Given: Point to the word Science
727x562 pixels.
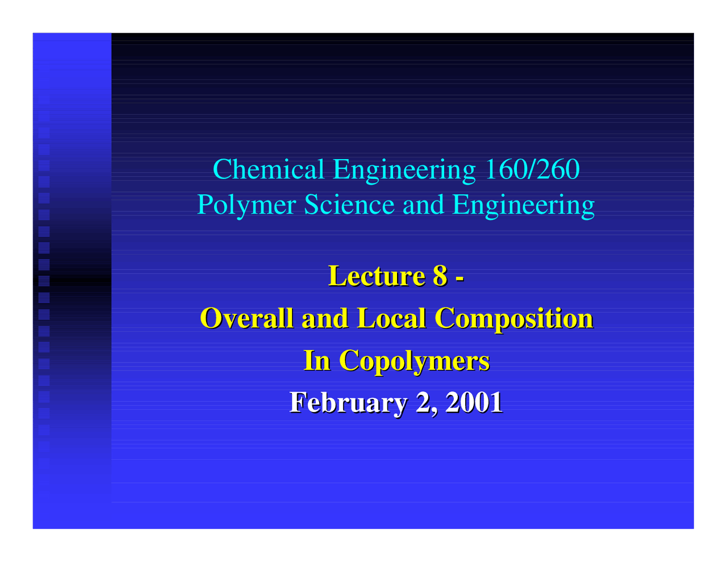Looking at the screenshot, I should click(x=349, y=205).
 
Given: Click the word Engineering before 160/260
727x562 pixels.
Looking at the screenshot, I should click(x=404, y=169).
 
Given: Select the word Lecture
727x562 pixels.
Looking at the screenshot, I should click(x=377, y=276).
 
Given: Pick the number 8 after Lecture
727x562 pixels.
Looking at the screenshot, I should click(x=440, y=276).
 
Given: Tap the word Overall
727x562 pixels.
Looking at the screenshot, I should click(x=247, y=318).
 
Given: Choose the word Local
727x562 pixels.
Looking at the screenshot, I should click(x=391, y=318).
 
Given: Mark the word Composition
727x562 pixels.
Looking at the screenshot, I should click(x=513, y=318).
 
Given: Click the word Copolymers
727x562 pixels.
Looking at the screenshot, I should click(x=414, y=360).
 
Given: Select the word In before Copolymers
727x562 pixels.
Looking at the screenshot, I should click(x=317, y=360).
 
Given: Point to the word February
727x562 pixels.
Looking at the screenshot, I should click(x=348, y=402).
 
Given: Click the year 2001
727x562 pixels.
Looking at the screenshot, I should click(x=474, y=402).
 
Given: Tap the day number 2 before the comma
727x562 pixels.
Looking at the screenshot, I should click(x=424, y=402).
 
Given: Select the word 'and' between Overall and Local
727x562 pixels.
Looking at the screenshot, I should click(x=324, y=318).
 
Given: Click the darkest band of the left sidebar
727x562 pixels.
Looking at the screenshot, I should click(x=72, y=278).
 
